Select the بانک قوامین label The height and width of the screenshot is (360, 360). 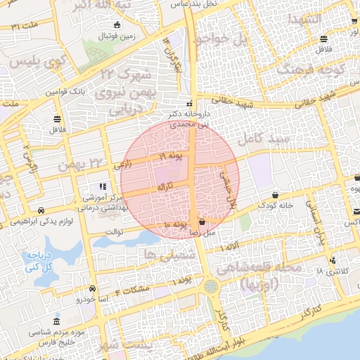(x=66, y=92)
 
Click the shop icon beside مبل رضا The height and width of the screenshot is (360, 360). (x=202, y=221)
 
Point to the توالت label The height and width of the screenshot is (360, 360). (x=114, y=231)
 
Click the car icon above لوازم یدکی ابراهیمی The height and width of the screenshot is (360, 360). (x=41, y=210)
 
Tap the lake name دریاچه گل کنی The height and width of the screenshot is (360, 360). (x=40, y=262)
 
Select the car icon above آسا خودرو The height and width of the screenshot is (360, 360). (x=92, y=288)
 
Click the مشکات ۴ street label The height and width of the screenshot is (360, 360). (x=132, y=291)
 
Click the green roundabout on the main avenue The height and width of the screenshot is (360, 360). (x=212, y=288)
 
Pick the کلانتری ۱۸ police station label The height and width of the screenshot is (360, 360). (x=328, y=271)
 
